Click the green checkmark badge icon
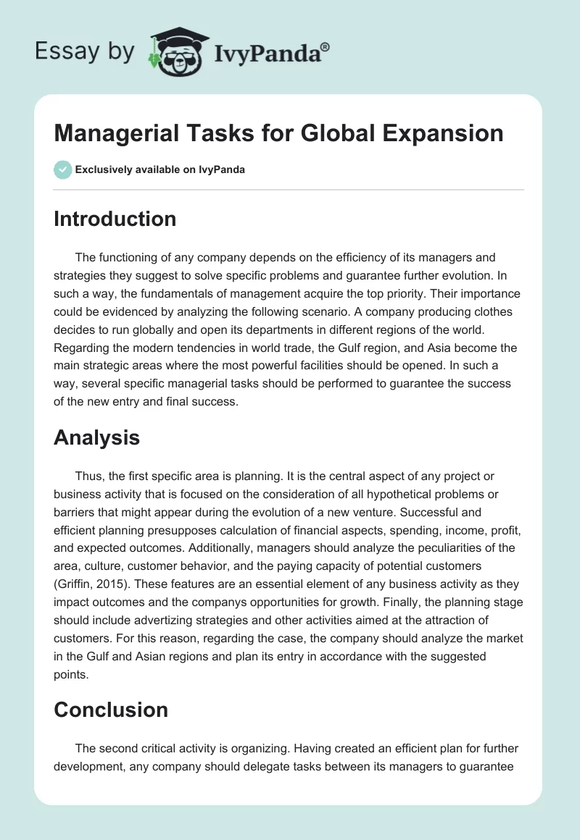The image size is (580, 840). pyautogui.click(x=62, y=170)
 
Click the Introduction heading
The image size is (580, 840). pyautogui.click(x=115, y=219)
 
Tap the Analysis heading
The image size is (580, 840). pyautogui.click(x=96, y=437)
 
